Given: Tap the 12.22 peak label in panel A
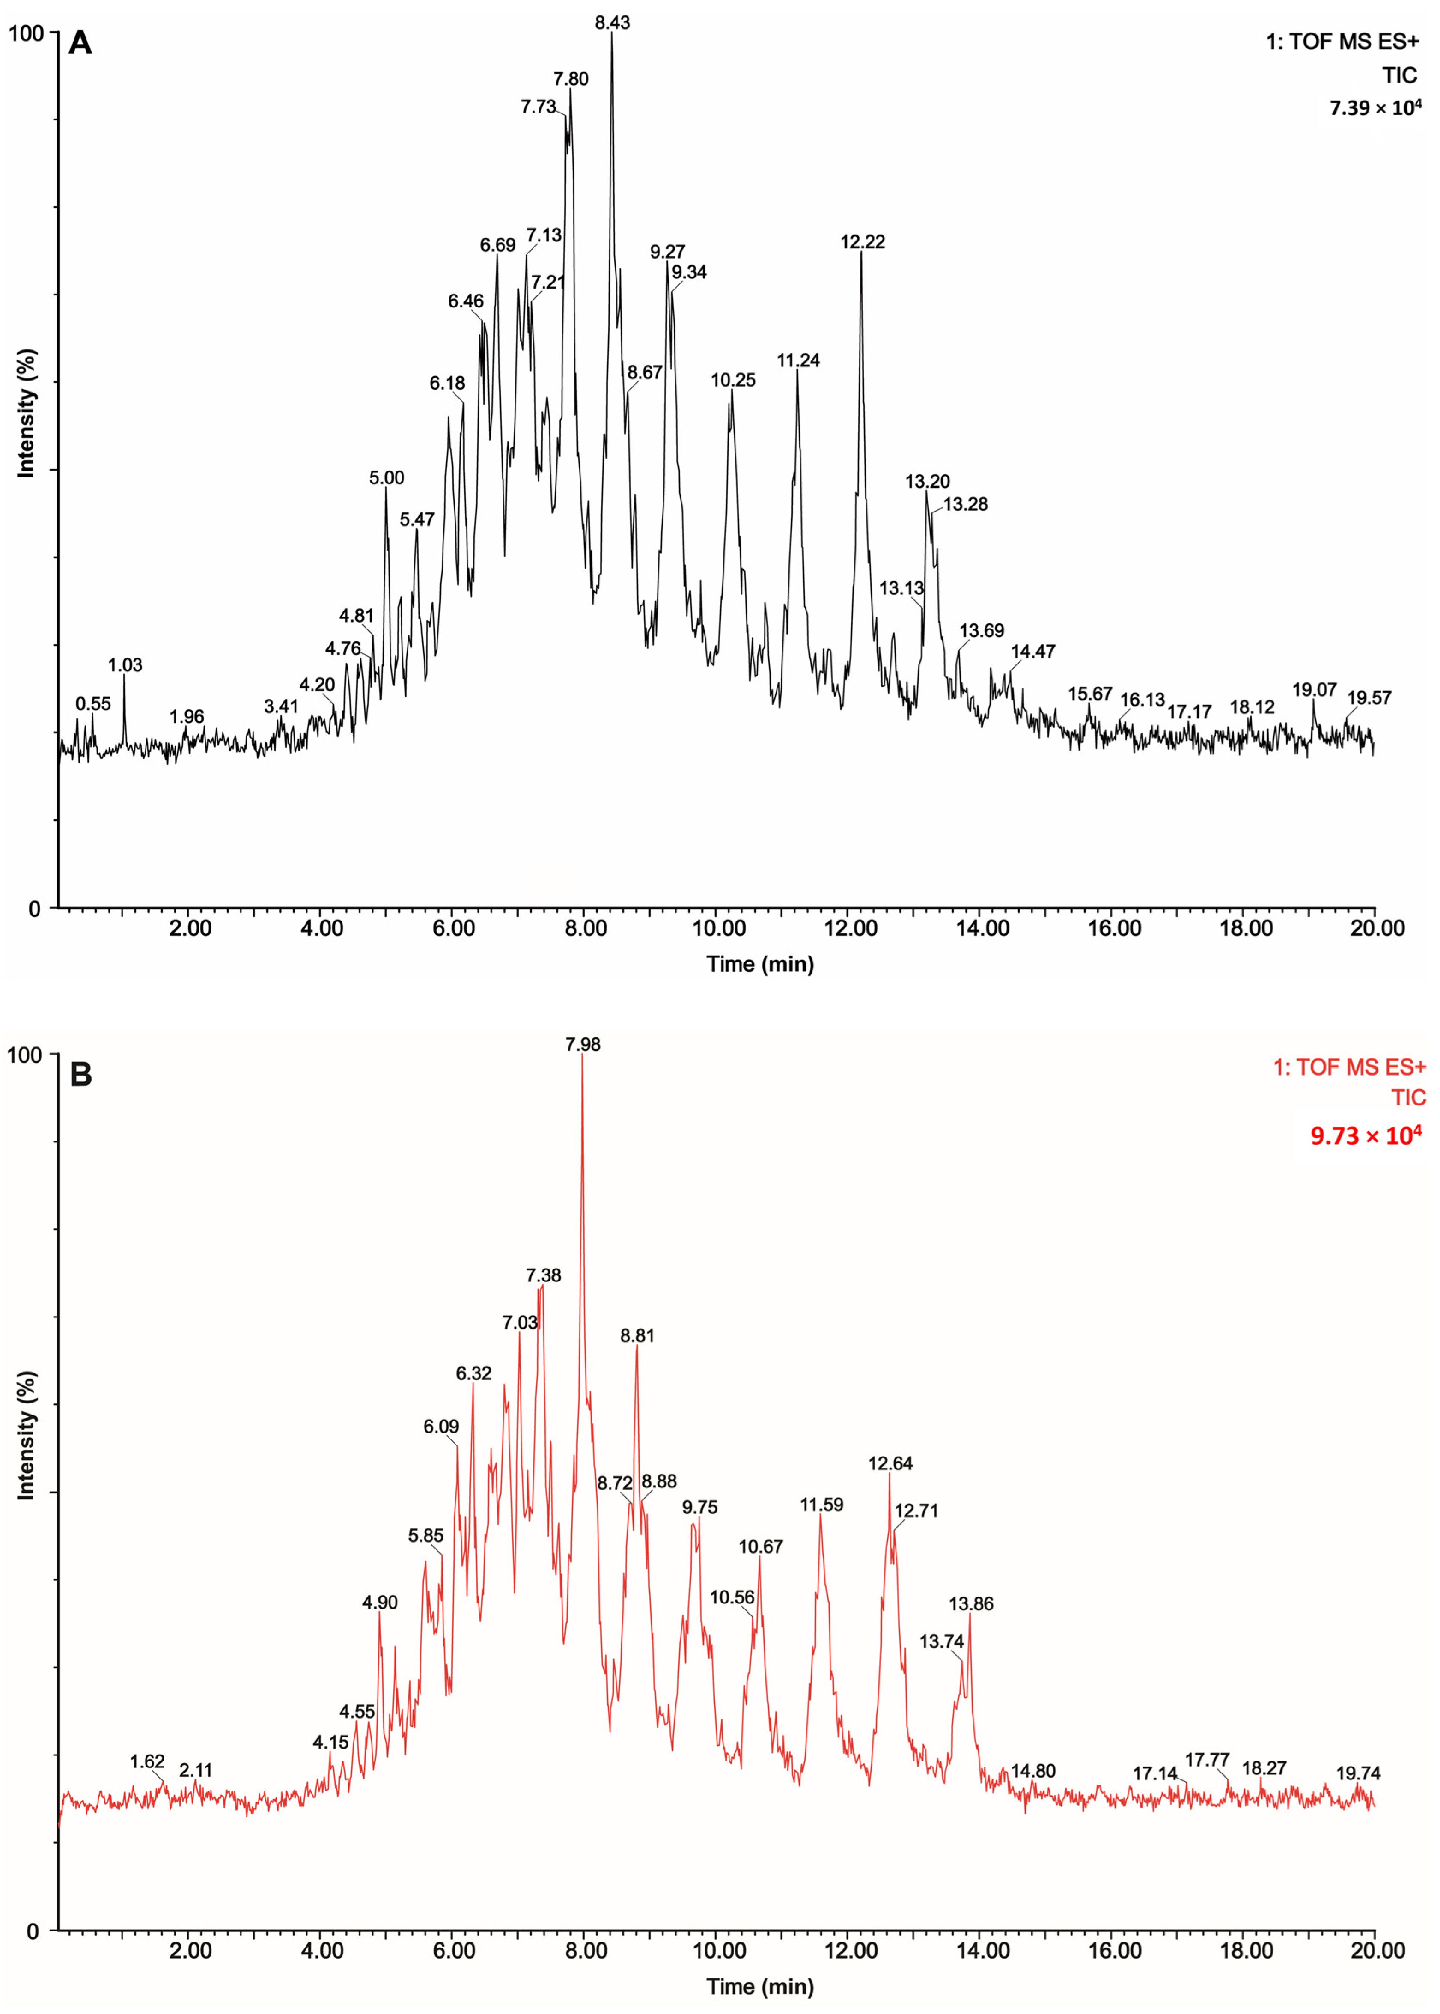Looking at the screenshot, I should pos(863,242).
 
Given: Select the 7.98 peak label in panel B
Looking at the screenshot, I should pos(583,1045).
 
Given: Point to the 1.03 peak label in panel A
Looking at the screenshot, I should pos(125,665).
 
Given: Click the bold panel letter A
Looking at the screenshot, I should pos(80,42).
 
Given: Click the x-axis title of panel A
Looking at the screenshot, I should pos(760,964).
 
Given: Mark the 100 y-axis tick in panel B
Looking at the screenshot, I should pos(25,1055).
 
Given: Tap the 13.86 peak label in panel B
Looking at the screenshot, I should pos(971,1603).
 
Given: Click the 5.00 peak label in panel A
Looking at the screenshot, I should pos(387,478).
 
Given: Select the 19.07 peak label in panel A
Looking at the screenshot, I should pos(1314,689).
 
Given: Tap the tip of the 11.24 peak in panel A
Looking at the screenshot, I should pos(797,371).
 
